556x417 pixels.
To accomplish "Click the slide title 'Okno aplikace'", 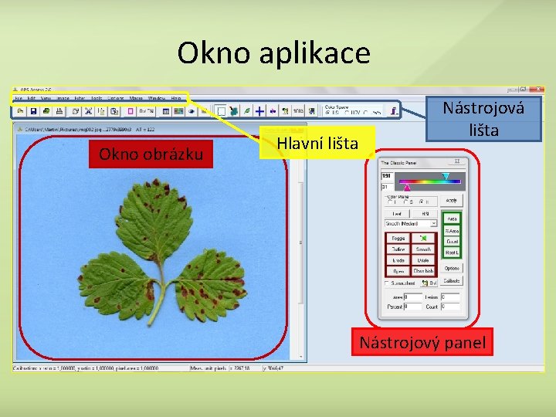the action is coord(273,53).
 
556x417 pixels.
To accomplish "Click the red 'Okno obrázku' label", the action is coord(151,154).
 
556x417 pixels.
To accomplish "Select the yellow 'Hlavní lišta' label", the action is coord(317,142).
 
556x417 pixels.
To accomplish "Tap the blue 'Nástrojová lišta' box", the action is coord(483,118).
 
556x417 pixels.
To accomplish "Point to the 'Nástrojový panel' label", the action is coord(422,342).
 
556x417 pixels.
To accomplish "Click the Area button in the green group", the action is coord(452,219).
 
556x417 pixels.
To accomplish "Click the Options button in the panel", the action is coord(452,268).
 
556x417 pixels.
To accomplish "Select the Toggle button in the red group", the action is coord(398,239).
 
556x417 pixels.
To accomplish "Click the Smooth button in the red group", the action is coord(423,249).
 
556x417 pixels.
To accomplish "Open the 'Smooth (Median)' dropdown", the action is coord(412,224).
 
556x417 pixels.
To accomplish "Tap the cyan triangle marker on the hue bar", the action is coord(446,177).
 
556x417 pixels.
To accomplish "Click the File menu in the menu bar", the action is coord(18,99).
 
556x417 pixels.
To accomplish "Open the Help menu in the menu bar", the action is coord(176,99).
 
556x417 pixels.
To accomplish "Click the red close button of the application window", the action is coord(534,89).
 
